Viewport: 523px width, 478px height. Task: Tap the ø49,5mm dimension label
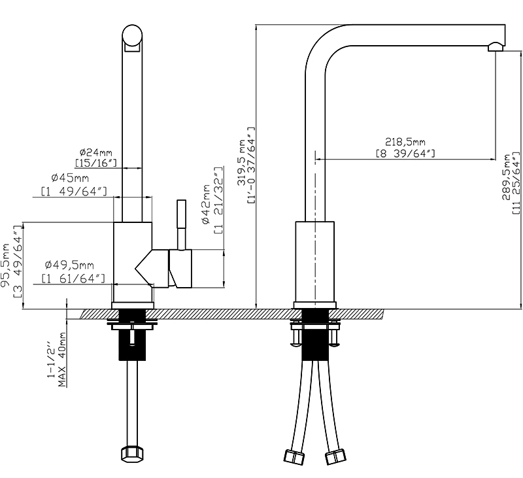(x=70, y=265)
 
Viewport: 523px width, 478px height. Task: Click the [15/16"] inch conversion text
(x=95, y=162)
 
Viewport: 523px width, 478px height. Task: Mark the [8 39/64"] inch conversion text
(x=405, y=153)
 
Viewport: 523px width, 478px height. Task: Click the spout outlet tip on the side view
(x=496, y=45)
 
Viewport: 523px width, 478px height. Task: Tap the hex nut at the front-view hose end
(x=134, y=454)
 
